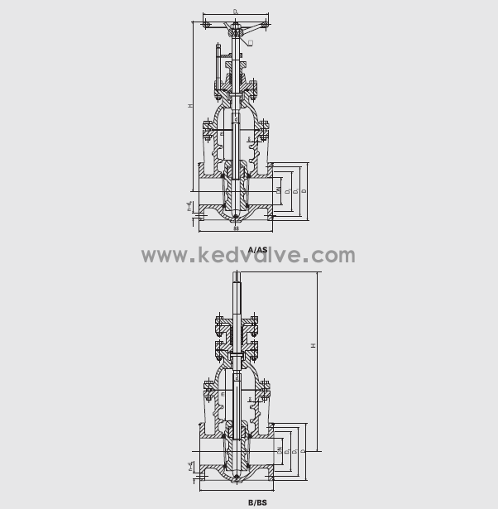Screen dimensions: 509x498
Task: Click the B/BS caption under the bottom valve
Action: (x=257, y=502)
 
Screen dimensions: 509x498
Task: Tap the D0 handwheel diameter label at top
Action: (x=237, y=12)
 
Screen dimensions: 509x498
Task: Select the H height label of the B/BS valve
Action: (x=313, y=345)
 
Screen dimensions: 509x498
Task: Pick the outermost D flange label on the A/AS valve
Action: (x=304, y=190)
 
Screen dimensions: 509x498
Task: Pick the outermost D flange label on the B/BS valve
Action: (x=304, y=450)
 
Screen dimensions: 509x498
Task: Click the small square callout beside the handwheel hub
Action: (x=250, y=41)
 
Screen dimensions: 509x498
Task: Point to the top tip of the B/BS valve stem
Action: (x=237, y=284)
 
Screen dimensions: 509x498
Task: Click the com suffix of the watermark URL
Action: (x=333, y=255)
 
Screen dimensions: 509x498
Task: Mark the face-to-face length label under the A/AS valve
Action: (x=237, y=228)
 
